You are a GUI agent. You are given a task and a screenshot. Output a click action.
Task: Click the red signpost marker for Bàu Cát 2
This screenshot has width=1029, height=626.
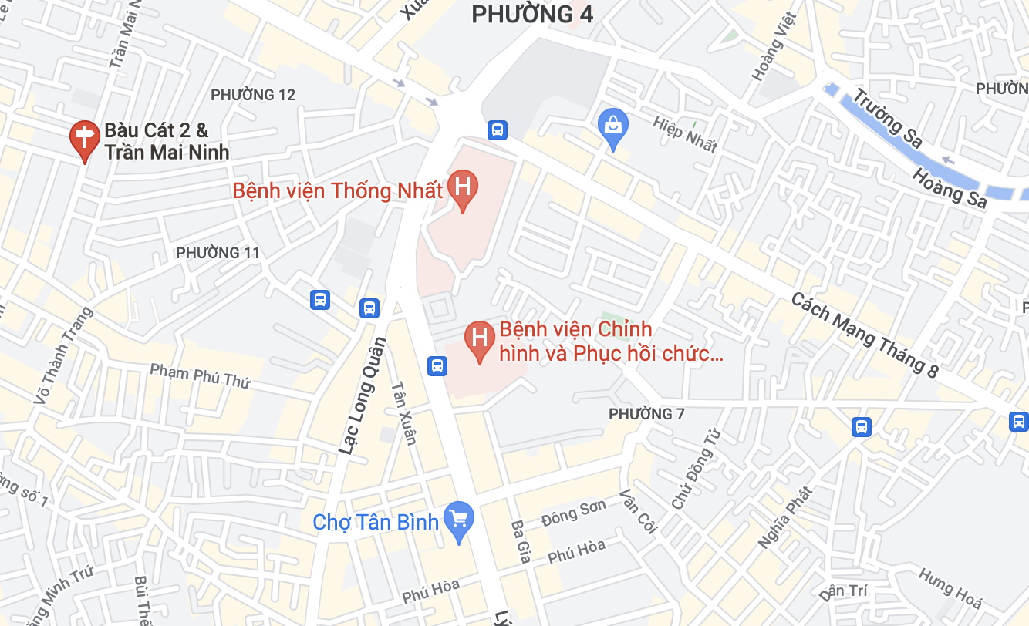click(84, 139)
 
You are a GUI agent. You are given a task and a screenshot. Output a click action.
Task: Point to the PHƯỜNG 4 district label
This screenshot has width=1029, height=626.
click(532, 13)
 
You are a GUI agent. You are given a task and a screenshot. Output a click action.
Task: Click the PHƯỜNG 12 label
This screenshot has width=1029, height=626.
click(253, 95)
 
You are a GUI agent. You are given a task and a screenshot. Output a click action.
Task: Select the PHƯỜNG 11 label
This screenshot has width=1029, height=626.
click(218, 253)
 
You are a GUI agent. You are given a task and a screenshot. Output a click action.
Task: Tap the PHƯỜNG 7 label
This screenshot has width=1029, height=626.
click(646, 414)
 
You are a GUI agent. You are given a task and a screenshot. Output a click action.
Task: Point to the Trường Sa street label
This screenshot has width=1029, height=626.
click(888, 119)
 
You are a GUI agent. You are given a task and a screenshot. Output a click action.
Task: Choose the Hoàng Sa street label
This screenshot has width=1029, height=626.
click(950, 187)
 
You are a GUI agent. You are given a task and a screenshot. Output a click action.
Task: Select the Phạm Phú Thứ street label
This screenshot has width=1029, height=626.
click(200, 375)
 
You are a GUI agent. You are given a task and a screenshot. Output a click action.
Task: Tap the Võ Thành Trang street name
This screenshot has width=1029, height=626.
click(63, 355)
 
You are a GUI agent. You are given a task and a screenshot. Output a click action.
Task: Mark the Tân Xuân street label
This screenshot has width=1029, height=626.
click(404, 413)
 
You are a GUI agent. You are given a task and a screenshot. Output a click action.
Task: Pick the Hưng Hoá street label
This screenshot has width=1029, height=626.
click(950, 587)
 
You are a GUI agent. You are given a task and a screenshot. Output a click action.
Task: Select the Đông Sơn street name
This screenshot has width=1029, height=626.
click(574, 511)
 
